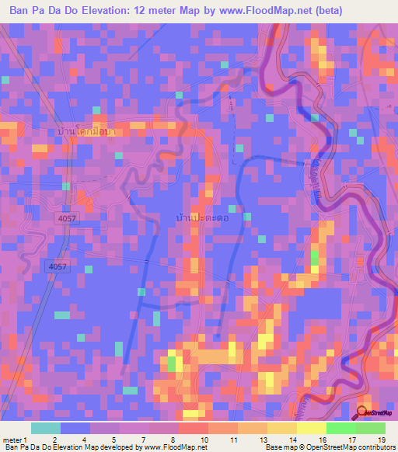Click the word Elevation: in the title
(x=108, y=11)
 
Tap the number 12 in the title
(x=145, y=11)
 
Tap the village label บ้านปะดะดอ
(x=200, y=220)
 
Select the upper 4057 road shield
(x=67, y=221)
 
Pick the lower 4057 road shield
(x=57, y=266)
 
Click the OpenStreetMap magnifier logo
(x=362, y=413)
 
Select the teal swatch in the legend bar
(x=45, y=428)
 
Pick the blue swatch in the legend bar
(x=75, y=428)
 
